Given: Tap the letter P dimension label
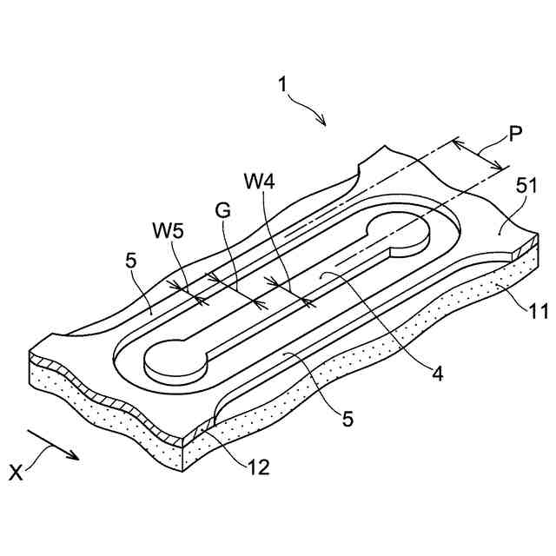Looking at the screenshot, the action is [x=517, y=135].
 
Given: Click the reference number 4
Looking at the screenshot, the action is [x=438, y=374].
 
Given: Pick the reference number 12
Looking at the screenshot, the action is [x=257, y=467].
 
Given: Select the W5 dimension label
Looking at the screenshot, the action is [x=170, y=232].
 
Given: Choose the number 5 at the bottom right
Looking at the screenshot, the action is [x=347, y=420].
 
